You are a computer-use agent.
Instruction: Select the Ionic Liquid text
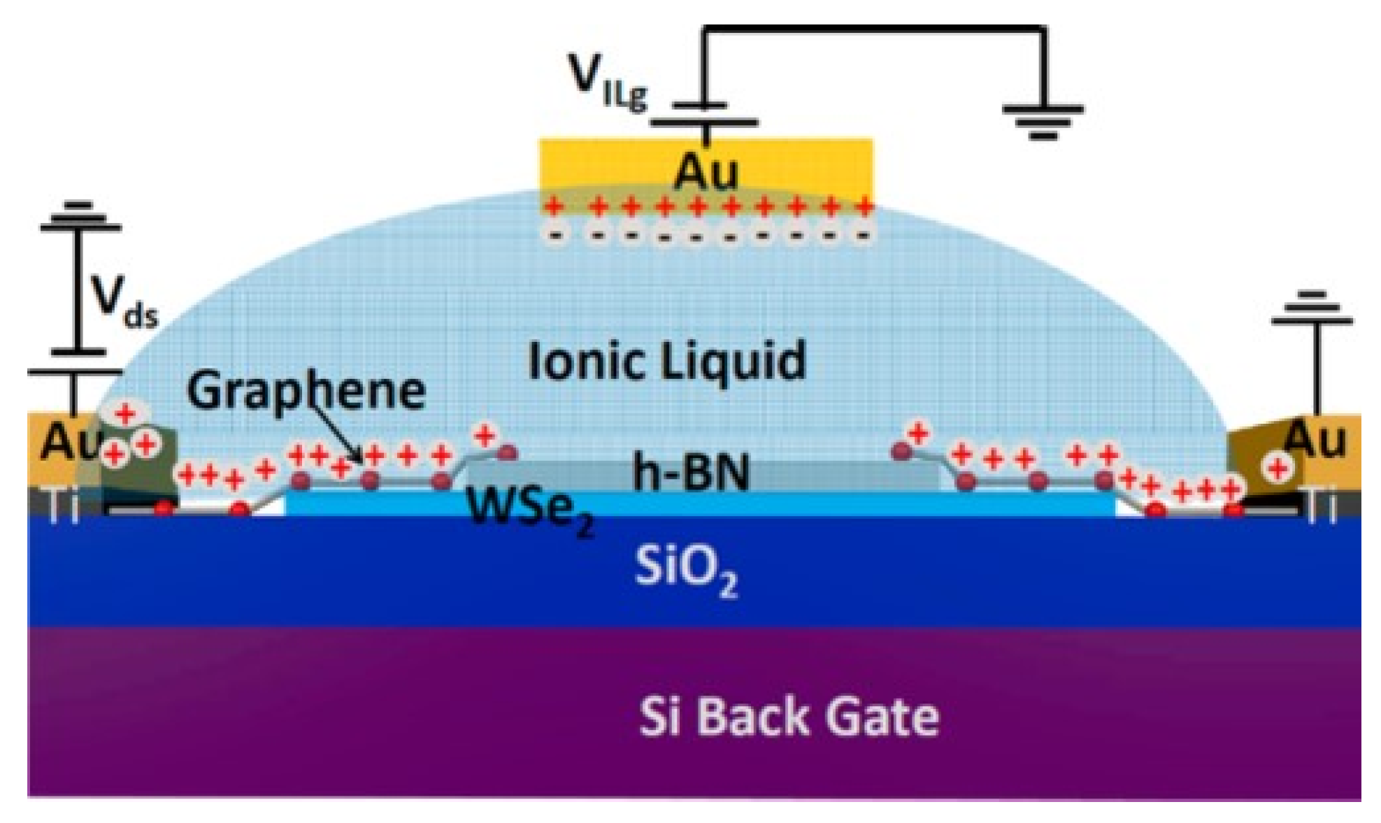coord(666,361)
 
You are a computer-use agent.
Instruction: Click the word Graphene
coord(306,390)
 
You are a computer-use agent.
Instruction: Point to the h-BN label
coord(690,472)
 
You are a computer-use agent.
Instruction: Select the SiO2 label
coord(685,570)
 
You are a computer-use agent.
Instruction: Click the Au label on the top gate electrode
coord(705,171)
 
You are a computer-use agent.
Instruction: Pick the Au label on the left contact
coord(68,442)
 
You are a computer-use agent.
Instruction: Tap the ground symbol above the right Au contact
coord(1312,308)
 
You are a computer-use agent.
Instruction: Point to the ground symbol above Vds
coord(80,217)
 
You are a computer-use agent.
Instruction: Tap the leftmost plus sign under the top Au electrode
coord(554,206)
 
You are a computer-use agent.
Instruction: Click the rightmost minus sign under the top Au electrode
coord(863,236)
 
